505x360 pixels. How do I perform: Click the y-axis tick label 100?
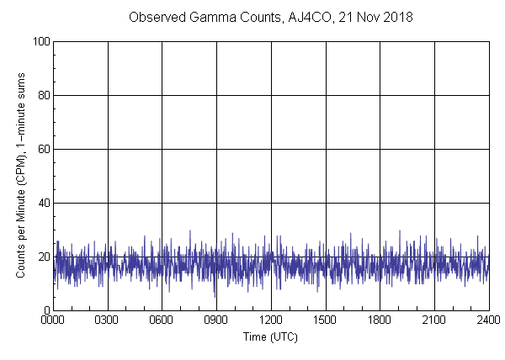pos(41,41)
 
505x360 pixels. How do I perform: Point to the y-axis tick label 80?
pos(44,95)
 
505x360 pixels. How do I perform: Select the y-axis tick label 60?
pos(44,149)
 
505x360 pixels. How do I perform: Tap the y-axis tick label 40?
pos(44,203)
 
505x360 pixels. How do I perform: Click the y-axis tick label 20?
pos(44,257)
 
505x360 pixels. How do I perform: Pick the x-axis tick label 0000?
pos(53,320)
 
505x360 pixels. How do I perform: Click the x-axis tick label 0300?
pos(108,320)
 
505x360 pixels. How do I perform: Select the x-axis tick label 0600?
pos(162,320)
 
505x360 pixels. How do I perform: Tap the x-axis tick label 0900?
pos(216,320)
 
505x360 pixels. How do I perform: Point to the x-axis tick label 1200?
pos(271,320)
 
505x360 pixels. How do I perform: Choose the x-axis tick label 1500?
pos(325,320)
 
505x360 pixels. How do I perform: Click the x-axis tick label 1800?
pos(380,320)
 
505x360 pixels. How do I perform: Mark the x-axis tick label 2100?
pos(434,320)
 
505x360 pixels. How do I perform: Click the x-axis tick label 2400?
pos(488,320)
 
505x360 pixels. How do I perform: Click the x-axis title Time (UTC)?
pos(270,336)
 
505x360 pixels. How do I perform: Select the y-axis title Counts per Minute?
pos(20,175)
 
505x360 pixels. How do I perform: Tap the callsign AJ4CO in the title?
pos(299,17)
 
